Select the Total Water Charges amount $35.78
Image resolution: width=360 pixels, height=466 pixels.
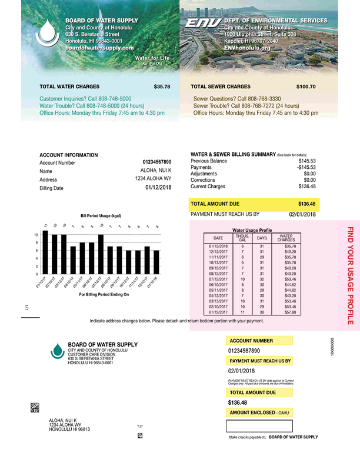(162, 86)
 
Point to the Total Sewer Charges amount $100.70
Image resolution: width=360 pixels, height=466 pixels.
(306, 86)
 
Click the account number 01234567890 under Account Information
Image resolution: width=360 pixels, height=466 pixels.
(156, 162)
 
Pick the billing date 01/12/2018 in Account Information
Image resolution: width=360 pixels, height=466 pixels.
(158, 188)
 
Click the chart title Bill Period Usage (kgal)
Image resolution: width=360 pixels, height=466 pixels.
(101, 215)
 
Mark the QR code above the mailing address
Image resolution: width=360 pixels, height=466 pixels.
(35, 407)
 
